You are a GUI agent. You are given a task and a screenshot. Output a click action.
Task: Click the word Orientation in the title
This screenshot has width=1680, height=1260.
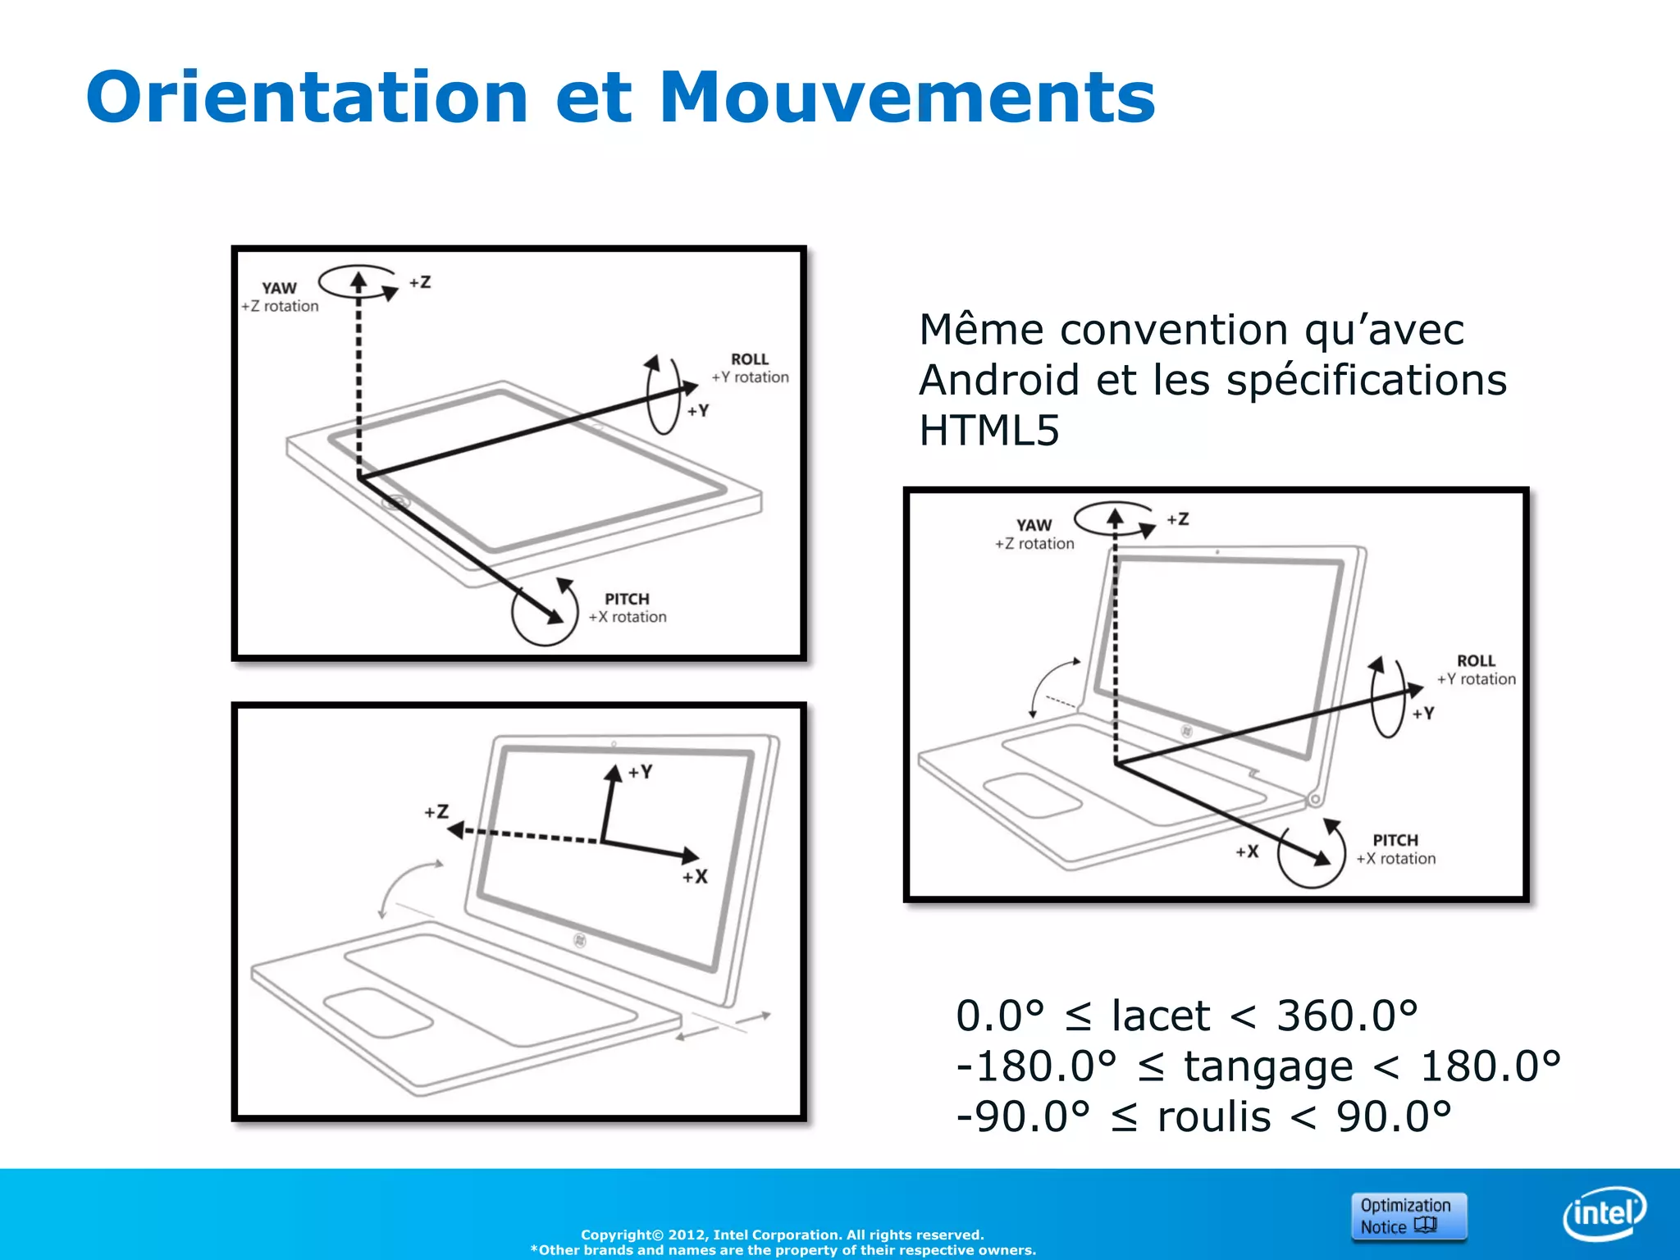[306, 98]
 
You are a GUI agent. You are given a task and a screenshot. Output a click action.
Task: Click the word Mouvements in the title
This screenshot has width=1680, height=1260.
[906, 98]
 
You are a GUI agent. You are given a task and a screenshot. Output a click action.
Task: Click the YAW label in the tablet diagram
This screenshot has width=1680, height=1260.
[279, 288]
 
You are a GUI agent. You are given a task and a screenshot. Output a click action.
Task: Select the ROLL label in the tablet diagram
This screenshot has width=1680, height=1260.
[749, 359]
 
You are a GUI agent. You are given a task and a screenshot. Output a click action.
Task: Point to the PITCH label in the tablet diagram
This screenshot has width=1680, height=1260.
[627, 599]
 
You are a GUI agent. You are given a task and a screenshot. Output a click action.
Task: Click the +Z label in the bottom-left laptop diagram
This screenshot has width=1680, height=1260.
[436, 812]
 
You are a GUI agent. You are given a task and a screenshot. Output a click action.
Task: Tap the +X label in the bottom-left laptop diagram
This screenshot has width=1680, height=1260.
[695, 877]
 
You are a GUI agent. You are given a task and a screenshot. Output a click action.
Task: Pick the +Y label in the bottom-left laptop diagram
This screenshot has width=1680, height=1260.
[640, 772]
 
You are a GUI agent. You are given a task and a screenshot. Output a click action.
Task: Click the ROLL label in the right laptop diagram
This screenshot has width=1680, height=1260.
[1476, 660]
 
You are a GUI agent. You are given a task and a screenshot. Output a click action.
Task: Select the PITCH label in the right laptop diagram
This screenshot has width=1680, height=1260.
[1395, 840]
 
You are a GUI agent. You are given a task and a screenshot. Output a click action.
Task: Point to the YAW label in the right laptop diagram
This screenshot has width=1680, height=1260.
[1034, 525]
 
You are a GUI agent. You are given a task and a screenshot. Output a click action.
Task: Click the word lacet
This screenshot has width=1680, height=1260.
[1160, 1016]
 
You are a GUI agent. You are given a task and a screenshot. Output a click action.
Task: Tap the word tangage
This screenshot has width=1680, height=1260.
[1267, 1067]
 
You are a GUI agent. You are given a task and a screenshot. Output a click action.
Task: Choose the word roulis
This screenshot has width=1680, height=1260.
[1213, 1117]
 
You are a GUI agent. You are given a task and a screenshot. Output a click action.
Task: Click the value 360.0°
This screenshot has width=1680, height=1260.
[1347, 1016]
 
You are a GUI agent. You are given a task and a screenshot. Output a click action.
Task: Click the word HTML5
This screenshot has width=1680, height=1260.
[988, 431]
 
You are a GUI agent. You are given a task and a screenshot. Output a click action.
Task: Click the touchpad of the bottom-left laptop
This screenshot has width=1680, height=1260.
[378, 1014]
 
